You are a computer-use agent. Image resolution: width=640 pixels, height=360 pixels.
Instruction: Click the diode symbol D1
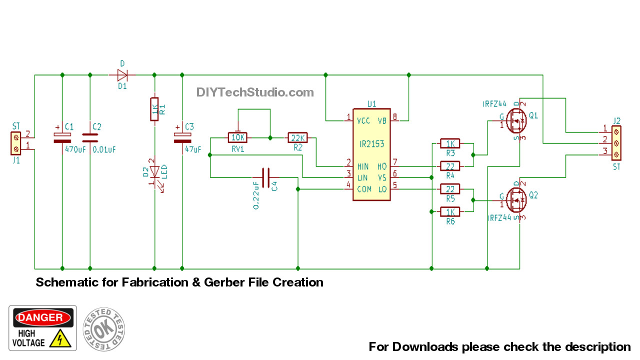[x=122, y=75]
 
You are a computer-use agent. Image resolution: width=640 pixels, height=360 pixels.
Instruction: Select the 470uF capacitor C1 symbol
[x=62, y=138]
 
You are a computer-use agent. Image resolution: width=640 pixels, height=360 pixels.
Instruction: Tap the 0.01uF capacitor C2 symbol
[x=90, y=138]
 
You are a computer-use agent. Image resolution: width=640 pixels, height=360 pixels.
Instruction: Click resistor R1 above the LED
[x=154, y=109]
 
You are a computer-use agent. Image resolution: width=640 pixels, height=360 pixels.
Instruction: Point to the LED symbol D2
[x=154, y=172]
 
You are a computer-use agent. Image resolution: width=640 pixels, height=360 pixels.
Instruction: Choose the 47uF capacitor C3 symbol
[x=182, y=138]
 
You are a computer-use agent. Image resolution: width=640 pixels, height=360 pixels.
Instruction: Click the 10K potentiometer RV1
[x=237, y=137]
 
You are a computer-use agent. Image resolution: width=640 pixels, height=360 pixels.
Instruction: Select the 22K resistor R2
[x=298, y=137]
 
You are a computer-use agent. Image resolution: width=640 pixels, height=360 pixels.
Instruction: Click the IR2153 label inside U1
[x=371, y=144]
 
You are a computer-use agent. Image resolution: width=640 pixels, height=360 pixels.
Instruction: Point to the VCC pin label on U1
[x=363, y=120]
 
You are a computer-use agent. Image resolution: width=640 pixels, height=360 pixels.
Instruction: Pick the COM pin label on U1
[x=363, y=189]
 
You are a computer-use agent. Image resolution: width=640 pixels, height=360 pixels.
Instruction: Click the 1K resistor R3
[x=450, y=143]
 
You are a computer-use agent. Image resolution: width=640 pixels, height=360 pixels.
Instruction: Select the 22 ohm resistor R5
[x=450, y=189]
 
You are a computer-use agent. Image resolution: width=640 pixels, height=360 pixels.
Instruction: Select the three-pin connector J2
[x=616, y=143]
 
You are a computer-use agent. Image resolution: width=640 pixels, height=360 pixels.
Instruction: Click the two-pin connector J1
[x=16, y=143]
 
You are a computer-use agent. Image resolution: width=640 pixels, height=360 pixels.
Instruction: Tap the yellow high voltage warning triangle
[x=61, y=339]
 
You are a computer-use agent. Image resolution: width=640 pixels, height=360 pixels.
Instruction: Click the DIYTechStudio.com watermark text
[x=255, y=92]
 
